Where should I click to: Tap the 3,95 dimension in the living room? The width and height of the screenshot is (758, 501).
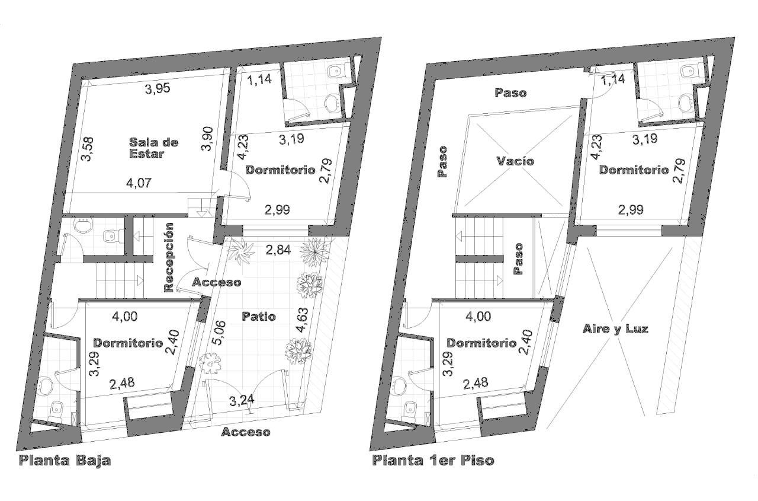158,89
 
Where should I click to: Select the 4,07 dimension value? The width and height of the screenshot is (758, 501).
139,183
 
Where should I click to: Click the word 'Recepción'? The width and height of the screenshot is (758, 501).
169,257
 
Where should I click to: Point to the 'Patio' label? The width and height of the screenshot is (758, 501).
259,317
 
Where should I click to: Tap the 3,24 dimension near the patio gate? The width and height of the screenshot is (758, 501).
242,401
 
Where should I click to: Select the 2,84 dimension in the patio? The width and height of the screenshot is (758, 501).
278,250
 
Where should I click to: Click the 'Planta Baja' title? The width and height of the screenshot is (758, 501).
65,461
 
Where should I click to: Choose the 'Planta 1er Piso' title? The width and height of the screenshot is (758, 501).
433,461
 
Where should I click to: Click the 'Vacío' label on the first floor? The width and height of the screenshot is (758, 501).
515,161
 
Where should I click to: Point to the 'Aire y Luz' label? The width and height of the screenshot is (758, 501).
615,328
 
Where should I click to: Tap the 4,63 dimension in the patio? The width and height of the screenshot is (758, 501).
302,320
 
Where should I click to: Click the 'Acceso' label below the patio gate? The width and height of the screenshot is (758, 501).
246,432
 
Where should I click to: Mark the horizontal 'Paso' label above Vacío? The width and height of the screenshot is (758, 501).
510,93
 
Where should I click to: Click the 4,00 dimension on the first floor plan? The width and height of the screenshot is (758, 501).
478,317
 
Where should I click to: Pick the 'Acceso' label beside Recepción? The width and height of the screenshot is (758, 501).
217,282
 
